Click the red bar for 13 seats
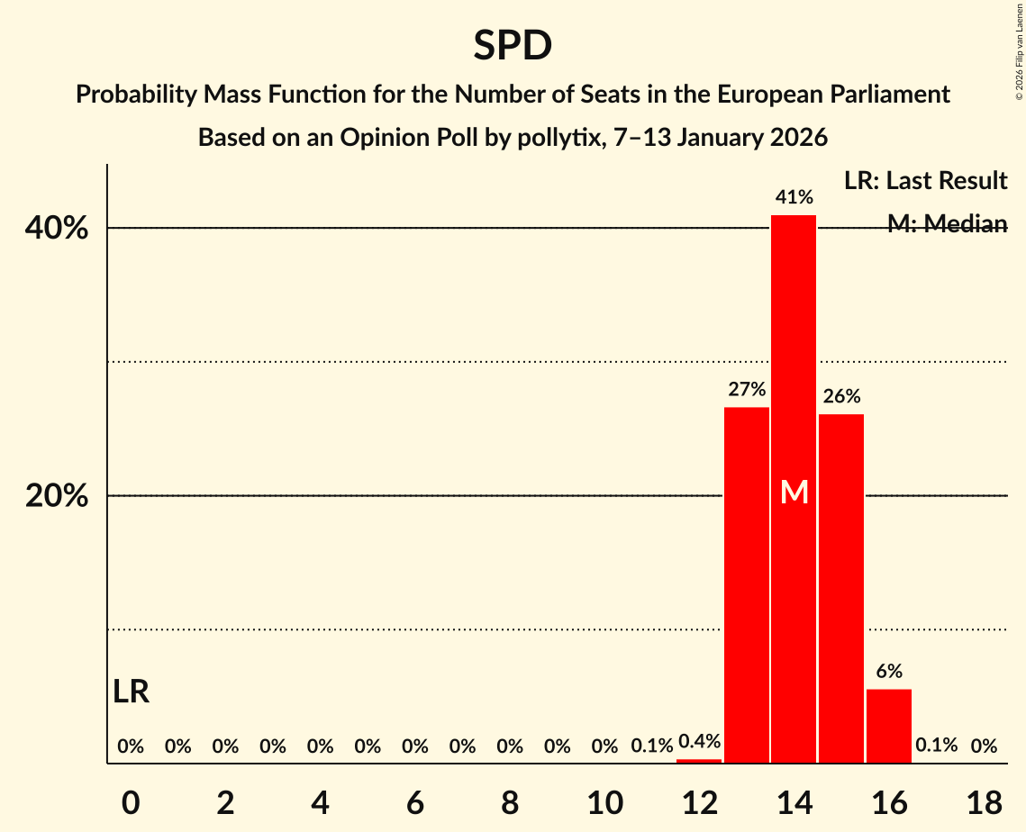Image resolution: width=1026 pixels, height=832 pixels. tap(747, 585)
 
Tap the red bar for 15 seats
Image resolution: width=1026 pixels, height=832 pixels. tap(841, 589)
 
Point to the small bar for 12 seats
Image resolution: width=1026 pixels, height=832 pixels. tap(699, 761)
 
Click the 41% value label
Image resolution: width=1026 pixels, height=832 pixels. tap(794, 196)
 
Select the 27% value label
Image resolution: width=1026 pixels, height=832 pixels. tap(747, 390)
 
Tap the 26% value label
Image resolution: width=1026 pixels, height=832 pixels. tap(841, 396)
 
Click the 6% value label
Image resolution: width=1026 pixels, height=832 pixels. tap(889, 671)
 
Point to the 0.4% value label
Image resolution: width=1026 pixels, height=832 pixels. tap(699, 742)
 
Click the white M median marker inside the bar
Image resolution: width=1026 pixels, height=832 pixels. tap(794, 492)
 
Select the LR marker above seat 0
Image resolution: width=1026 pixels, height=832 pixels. tap(132, 692)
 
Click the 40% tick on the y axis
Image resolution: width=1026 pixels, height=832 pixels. tap(57, 229)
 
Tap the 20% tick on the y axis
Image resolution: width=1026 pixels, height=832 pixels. tap(57, 496)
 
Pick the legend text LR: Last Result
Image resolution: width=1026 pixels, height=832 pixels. tap(925, 181)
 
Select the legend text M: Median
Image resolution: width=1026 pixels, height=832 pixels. tap(947, 224)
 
